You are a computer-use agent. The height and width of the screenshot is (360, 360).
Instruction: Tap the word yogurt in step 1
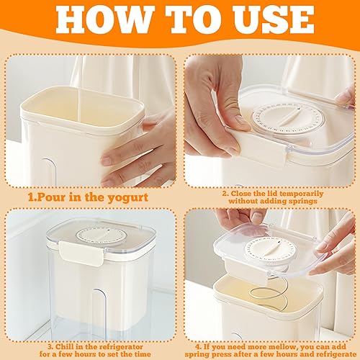127,198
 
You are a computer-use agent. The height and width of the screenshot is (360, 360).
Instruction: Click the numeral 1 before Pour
31,198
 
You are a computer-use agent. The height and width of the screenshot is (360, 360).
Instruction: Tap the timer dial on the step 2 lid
288,117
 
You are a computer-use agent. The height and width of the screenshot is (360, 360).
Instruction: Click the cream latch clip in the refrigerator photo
82,253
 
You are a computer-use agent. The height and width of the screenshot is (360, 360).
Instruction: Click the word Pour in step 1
50,198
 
